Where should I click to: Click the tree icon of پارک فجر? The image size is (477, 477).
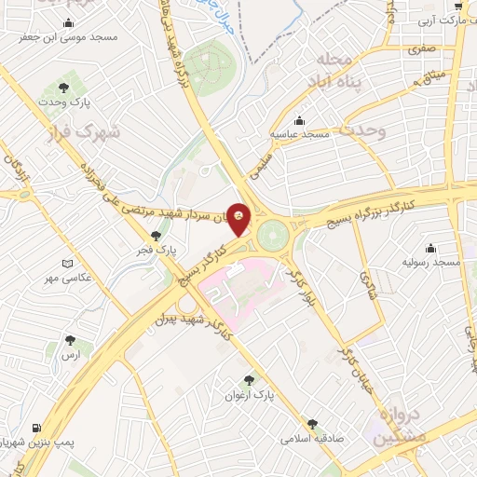155,235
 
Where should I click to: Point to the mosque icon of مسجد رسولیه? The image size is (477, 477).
429,248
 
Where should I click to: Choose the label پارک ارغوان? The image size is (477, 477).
249,395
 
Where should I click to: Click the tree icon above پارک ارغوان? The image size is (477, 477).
249,379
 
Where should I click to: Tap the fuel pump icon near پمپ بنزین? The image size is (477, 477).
36,428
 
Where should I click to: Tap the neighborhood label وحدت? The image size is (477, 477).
361,131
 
